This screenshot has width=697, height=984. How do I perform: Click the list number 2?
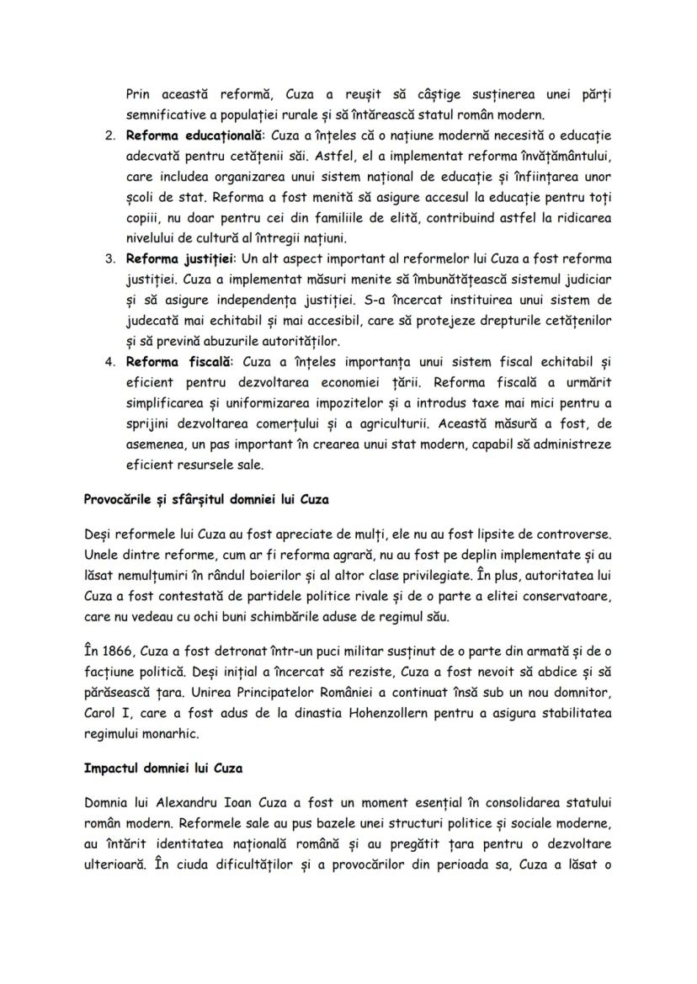coord(109,136)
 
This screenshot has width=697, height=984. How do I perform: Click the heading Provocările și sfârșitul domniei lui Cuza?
coord(206,499)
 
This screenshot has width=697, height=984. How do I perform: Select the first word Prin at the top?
coord(138,95)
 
